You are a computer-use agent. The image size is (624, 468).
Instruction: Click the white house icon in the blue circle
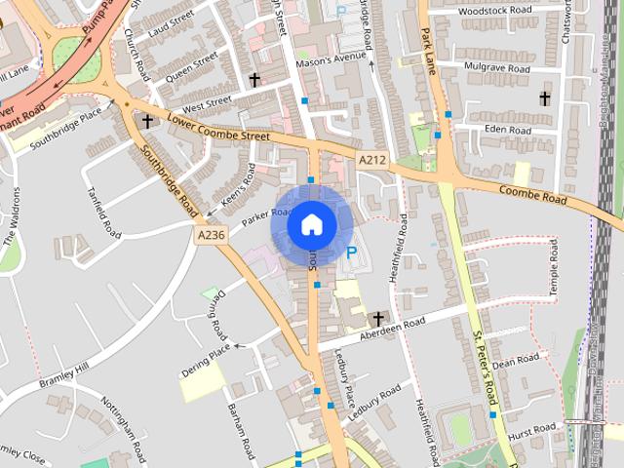(311, 224)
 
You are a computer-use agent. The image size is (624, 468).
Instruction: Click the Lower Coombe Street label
(217, 128)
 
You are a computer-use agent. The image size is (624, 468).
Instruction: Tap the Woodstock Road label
(496, 10)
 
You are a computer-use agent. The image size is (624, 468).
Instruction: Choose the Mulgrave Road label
(498, 69)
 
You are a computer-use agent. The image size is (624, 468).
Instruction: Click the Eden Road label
(506, 130)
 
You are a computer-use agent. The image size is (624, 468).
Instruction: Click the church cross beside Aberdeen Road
(377, 319)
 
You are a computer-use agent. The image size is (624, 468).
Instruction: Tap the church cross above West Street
(254, 79)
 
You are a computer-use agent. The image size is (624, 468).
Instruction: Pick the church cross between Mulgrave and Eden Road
(544, 98)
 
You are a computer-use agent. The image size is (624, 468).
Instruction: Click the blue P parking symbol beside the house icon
(351, 253)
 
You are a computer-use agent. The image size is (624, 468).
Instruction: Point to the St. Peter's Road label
(485, 368)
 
